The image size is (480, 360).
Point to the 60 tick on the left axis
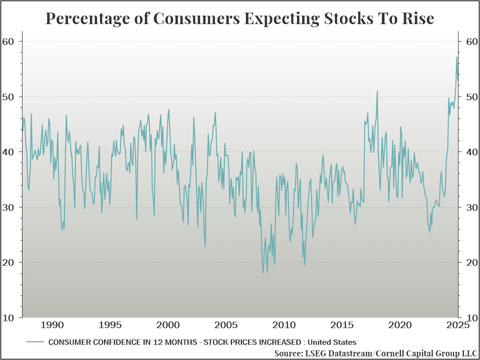point(9,41)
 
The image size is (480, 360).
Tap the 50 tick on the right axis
point(469,96)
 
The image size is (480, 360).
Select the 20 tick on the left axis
point(9,262)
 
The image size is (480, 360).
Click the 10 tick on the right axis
point(469,317)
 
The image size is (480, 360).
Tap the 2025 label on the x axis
point(456,325)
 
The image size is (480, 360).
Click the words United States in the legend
point(332,342)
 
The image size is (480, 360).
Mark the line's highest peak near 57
point(456,57)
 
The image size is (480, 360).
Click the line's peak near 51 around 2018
point(377,91)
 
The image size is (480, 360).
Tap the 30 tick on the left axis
point(9,207)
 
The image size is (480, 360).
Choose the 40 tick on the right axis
point(469,151)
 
